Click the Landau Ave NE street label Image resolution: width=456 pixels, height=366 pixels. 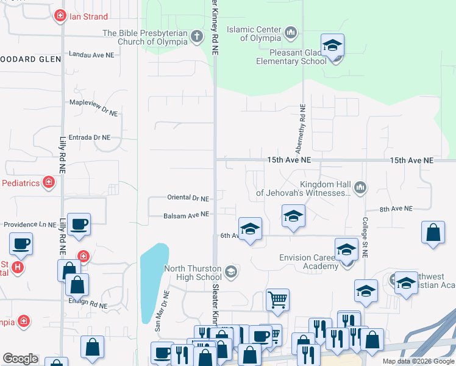pyautogui.click(x=91, y=55)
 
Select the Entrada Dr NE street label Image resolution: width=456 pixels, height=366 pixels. pyautogui.click(x=90, y=138)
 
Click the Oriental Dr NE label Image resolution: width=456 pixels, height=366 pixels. pyautogui.click(x=188, y=198)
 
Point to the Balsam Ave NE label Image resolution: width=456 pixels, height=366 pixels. pyautogui.click(x=186, y=215)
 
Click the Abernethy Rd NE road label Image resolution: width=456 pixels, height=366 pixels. pyautogui.click(x=301, y=128)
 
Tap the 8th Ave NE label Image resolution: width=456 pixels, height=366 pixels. pyautogui.click(x=396, y=209)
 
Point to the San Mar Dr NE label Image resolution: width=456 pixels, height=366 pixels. pyautogui.click(x=161, y=310)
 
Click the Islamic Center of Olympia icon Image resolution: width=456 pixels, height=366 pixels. pyautogui.click(x=290, y=32)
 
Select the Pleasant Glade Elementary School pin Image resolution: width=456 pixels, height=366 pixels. pyautogui.click(x=332, y=46)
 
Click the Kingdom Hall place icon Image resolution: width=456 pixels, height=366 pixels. pyautogui.click(x=360, y=187)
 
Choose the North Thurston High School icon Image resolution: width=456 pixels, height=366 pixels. pyautogui.click(x=230, y=271)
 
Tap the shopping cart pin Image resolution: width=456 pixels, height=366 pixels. pyautogui.click(x=277, y=300)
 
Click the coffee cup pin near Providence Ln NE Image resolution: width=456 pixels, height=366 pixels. pyautogui.click(x=79, y=224)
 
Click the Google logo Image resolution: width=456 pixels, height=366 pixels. pyautogui.click(x=20, y=359)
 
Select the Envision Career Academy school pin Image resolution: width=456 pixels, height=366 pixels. pyautogui.click(x=346, y=249)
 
